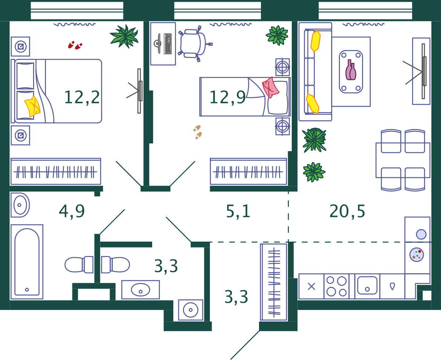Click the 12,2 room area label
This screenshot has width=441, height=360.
82,97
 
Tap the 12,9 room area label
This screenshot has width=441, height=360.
227,97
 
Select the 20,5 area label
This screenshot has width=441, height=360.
347,211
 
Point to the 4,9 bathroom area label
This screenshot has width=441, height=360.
72,211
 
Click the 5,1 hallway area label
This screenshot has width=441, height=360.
238,211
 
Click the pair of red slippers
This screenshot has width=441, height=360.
75,45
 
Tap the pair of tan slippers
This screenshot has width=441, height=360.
197,132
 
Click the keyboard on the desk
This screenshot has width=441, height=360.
168,44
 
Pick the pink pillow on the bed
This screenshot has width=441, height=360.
270,88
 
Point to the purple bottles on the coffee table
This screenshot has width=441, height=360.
351,70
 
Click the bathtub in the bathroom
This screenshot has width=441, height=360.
27,262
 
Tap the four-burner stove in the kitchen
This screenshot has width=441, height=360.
337,286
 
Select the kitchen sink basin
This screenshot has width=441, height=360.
367,285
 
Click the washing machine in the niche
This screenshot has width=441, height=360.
190,310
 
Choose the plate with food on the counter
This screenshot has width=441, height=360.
416,254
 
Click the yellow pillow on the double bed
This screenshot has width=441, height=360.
32,107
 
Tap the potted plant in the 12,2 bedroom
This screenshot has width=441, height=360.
124,36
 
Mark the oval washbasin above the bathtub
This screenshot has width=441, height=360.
20,205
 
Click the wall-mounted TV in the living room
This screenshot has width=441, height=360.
424,71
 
